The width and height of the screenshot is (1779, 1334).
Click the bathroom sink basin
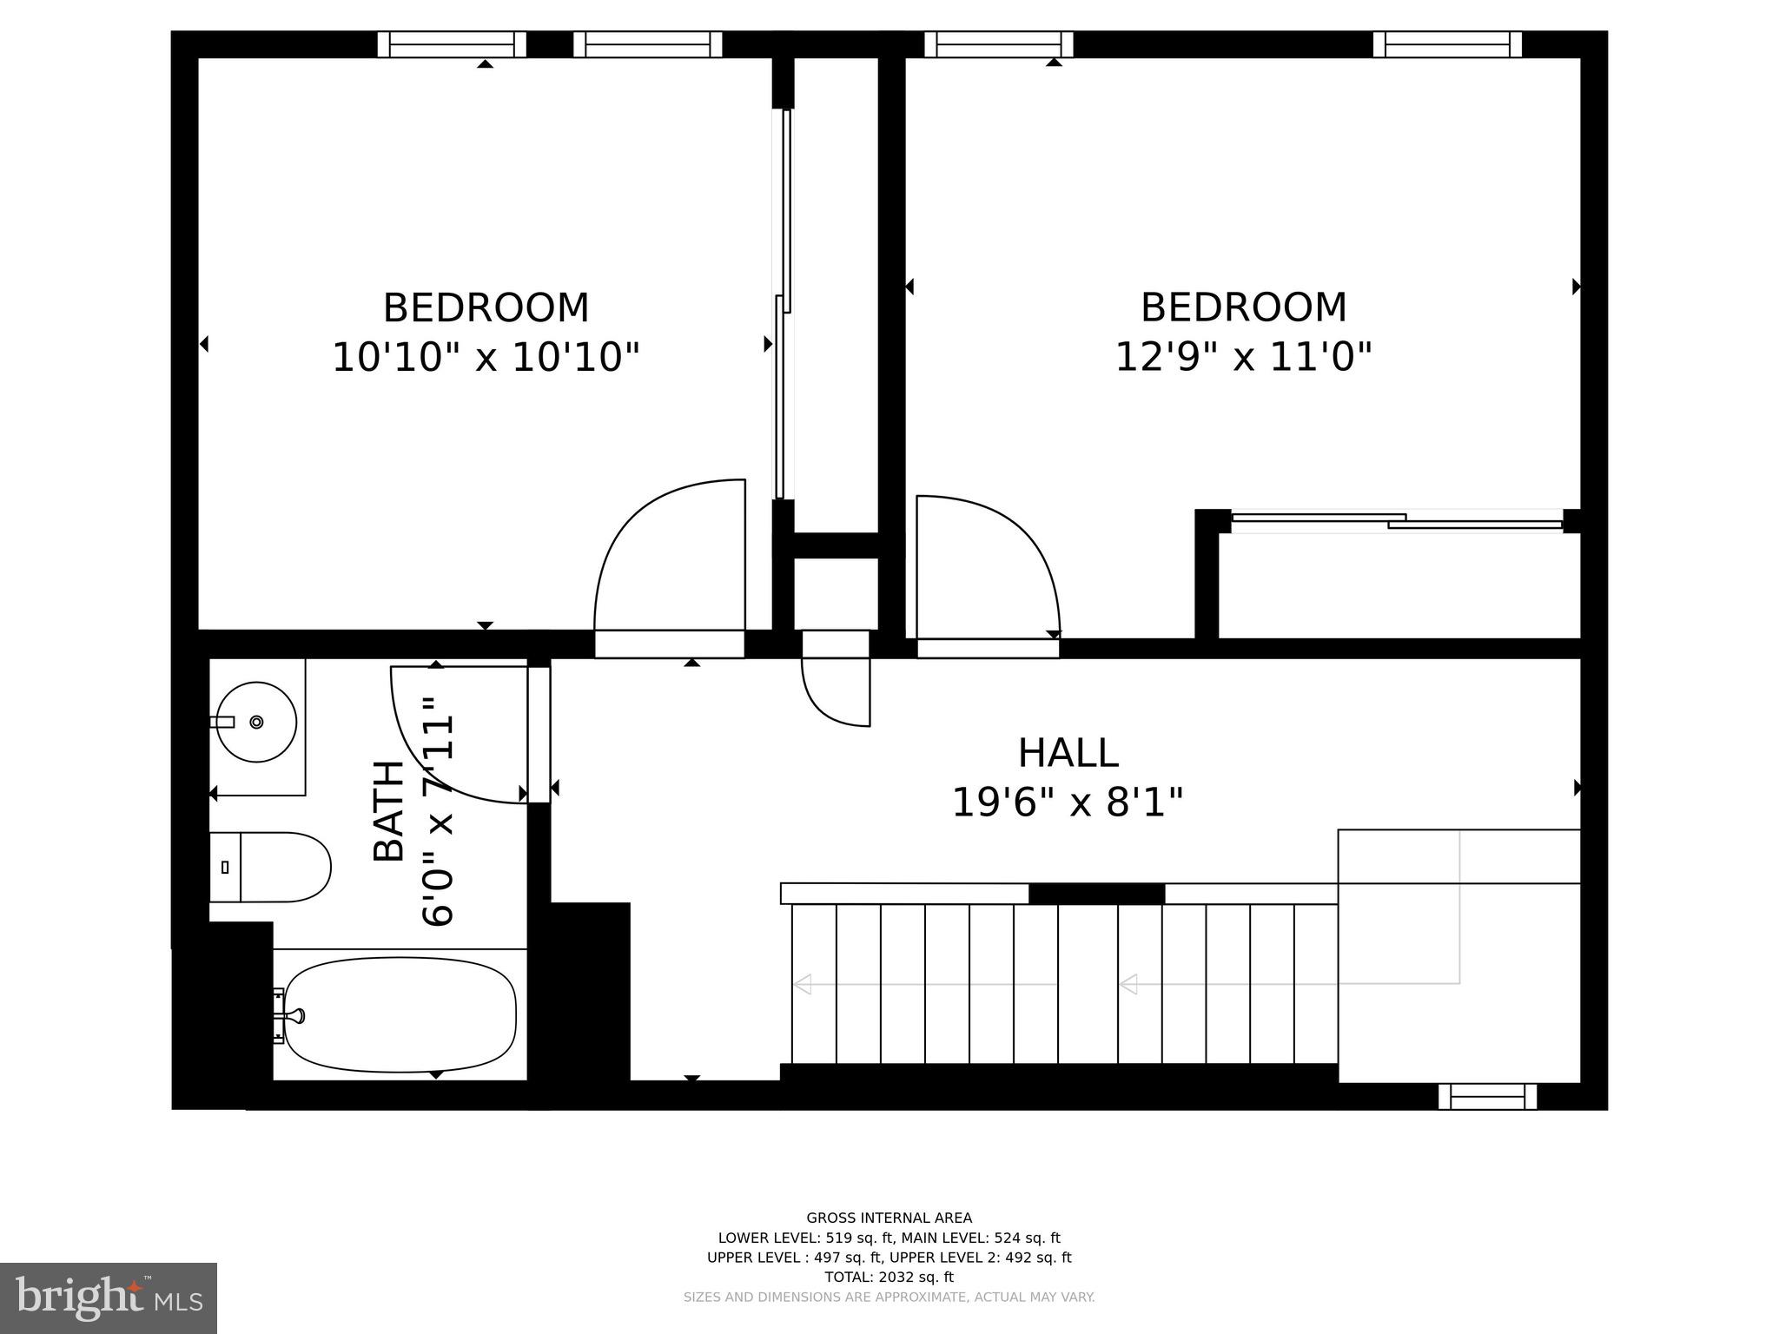pyautogui.click(x=256, y=722)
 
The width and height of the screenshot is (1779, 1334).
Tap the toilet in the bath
pyautogui.click(x=271, y=867)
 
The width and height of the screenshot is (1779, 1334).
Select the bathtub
pyautogui.click(x=400, y=1014)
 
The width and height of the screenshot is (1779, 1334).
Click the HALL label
pyautogui.click(x=1068, y=753)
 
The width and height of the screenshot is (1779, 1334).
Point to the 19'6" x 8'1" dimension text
pyautogui.click(x=1068, y=802)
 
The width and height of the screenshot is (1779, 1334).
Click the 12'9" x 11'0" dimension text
pyautogui.click(x=1243, y=356)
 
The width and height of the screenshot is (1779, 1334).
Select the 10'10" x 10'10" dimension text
pyautogui.click(x=486, y=357)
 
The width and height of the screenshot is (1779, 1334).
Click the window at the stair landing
pyautogui.click(x=1487, y=1096)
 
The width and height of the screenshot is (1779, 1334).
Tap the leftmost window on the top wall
pyautogui.click(x=452, y=44)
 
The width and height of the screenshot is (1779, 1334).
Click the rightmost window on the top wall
pyautogui.click(x=1447, y=44)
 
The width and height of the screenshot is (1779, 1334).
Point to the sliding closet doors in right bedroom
pyautogui.click(x=1397, y=521)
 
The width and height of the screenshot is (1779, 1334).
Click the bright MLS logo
pyautogui.click(x=109, y=1298)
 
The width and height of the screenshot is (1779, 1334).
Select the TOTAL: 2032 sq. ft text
pyautogui.click(x=889, y=1277)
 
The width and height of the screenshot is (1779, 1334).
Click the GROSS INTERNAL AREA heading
pyautogui.click(x=889, y=1218)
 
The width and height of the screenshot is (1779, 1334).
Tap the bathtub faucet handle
pyautogui.click(x=296, y=1014)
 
